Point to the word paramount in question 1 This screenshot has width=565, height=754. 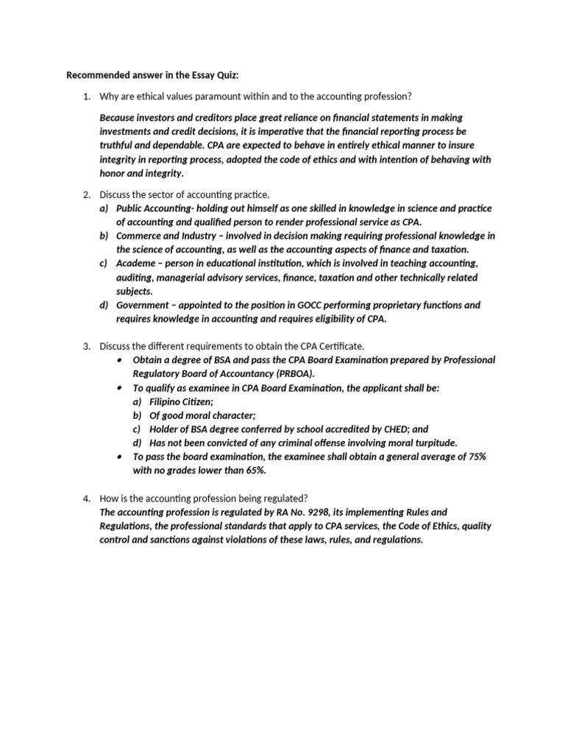coord(218,96)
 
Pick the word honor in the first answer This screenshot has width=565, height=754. coord(113,174)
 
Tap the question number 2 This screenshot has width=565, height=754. coord(86,194)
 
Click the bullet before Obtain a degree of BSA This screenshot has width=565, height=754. coord(119,360)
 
